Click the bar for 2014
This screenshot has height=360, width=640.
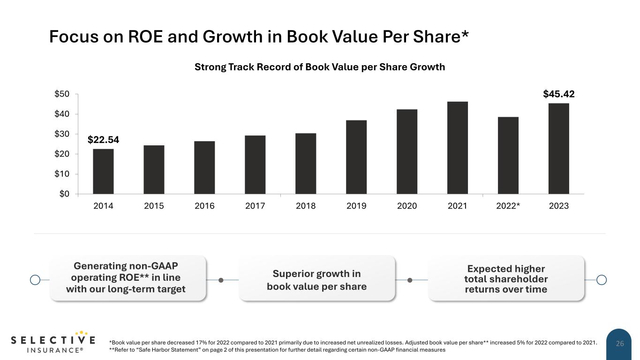[103, 172]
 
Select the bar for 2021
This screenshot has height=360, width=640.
[458, 148]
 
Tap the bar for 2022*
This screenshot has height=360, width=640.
[508, 156]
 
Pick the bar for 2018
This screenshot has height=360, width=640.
[306, 164]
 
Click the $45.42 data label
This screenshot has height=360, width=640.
[558, 94]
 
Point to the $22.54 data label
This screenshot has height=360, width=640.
[103, 140]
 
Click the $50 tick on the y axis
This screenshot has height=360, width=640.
[62, 94]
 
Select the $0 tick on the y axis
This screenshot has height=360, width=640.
[64, 194]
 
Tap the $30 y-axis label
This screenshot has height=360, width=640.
[62, 134]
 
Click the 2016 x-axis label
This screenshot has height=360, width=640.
[204, 206]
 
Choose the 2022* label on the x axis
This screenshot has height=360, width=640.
[508, 206]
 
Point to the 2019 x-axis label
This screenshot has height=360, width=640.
[356, 206]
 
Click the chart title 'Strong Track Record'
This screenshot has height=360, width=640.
[320, 67]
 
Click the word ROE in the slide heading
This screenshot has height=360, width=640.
[145, 37]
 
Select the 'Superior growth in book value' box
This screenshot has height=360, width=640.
[317, 278]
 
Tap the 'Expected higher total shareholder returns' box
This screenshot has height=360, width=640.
[506, 278]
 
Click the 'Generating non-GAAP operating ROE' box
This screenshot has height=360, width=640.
[128, 278]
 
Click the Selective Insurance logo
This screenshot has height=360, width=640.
[53, 342]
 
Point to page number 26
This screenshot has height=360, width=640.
[620, 344]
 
